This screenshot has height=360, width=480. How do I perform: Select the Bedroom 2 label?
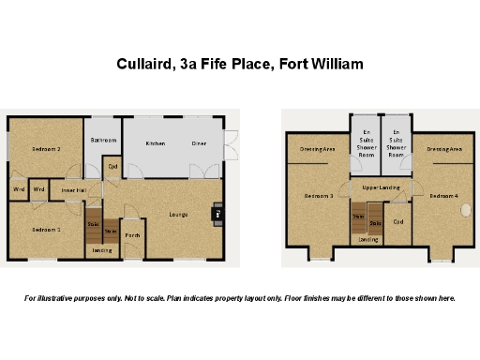pos(46,149)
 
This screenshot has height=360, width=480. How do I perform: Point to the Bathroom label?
pos(103,141)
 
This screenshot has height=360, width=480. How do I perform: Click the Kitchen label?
pos(155,143)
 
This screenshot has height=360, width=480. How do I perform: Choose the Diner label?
pos(200,143)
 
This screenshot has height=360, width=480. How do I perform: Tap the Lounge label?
pos(178,215)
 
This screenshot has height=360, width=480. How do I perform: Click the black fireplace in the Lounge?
pos(217,214)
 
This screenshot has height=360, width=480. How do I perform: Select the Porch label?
pos(132,235)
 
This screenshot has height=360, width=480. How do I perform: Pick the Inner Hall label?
pos(74,190)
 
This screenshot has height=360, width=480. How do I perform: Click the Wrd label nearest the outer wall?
pos(19,189)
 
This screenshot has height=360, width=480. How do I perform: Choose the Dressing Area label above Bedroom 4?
pos(442,149)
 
